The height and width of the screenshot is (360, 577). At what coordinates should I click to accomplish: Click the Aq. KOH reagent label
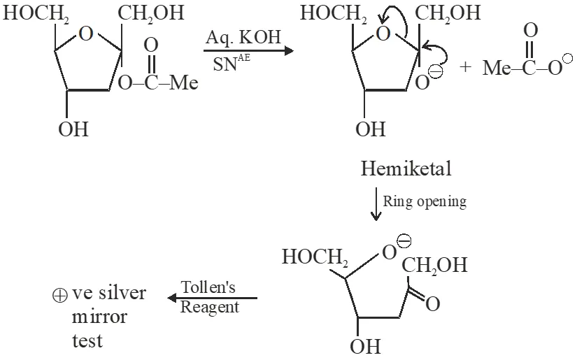245,38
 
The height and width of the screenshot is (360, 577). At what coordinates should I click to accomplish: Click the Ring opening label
424,201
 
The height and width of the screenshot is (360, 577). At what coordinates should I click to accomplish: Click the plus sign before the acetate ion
466,68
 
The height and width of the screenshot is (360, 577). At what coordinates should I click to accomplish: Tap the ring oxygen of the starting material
86,34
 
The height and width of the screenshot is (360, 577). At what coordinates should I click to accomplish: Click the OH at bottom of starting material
73,130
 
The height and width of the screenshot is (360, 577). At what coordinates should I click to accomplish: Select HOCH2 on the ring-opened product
315,257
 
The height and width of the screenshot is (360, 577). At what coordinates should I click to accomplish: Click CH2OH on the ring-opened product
434,266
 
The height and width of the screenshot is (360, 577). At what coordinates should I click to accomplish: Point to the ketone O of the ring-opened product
433,305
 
